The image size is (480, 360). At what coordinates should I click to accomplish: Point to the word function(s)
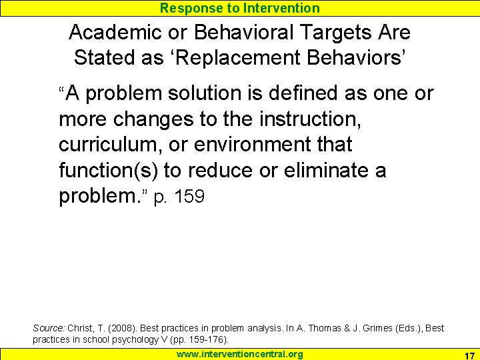coord(108,171)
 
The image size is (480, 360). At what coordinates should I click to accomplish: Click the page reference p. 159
coord(179,197)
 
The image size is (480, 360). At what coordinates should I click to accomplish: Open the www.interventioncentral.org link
coord(239,354)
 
